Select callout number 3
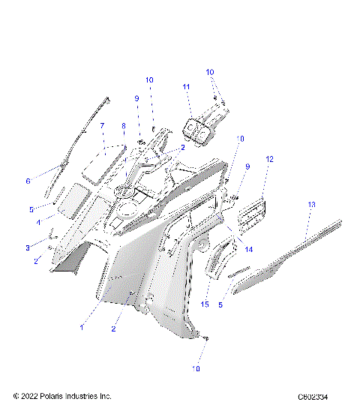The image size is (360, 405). coord(28,247)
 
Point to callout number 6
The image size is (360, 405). coord(28,181)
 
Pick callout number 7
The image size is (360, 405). coord(103,127)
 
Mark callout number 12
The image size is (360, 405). coord(269,159)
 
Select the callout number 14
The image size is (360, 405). coord(249,250)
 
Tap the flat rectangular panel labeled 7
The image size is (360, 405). coord(104,160)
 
